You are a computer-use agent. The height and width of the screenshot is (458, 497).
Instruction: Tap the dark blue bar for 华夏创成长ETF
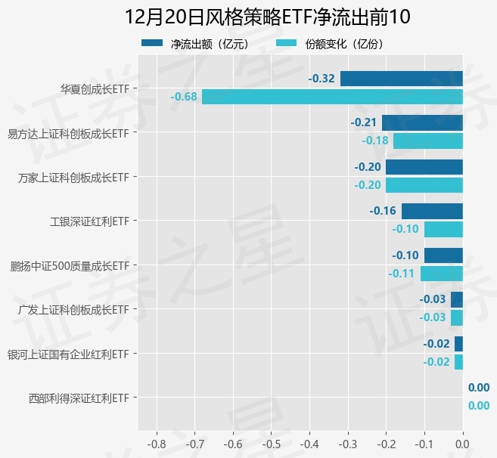click(401, 79)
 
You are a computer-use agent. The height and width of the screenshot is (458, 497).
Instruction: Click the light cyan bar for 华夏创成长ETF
click(332, 97)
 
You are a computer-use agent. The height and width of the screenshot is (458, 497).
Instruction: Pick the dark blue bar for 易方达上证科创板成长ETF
click(422, 122)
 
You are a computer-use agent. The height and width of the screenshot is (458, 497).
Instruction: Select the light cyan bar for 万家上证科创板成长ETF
click(424, 185)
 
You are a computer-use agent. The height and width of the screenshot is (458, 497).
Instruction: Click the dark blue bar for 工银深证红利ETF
click(432, 211)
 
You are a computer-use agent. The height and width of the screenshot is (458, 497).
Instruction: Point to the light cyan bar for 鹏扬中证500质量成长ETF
click(441, 274)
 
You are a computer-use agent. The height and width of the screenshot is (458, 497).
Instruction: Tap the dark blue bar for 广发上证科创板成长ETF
click(456, 299)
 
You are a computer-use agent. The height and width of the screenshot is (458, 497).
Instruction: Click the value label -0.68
click(184, 97)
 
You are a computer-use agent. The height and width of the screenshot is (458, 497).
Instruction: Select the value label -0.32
click(321, 79)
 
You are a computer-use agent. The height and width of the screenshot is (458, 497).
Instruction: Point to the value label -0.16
click(383, 211)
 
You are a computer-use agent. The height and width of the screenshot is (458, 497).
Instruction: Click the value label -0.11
click(401, 274)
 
